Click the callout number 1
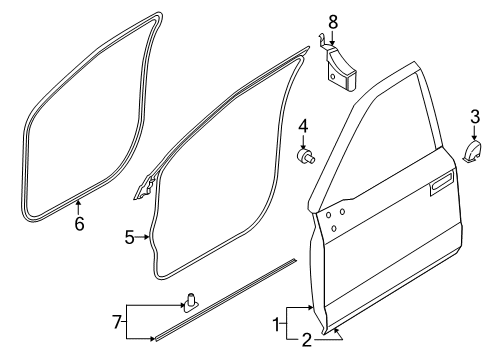pyautogui.click(x=277, y=322)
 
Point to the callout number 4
pyautogui.click(x=304, y=126)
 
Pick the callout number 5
pyautogui.click(x=130, y=238)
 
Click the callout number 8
pyautogui.click(x=333, y=21)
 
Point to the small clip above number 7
pyautogui.click(x=189, y=298)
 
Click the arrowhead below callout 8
pyautogui.click(x=333, y=44)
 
